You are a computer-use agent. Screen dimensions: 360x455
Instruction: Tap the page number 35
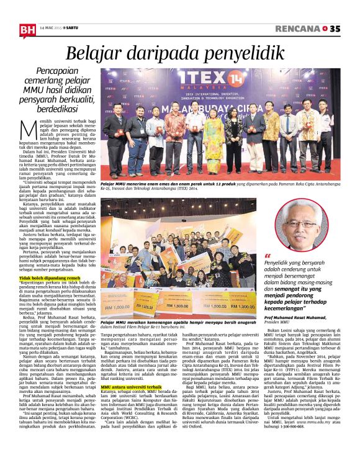pyautogui.click(x=335, y=29)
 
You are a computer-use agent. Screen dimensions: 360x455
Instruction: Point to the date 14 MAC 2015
pyautogui.click(x=50, y=28)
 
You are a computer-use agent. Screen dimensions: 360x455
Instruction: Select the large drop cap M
pyautogui.click(x=27, y=132)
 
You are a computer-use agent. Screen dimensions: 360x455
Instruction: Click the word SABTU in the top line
pyautogui.click(x=75, y=28)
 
